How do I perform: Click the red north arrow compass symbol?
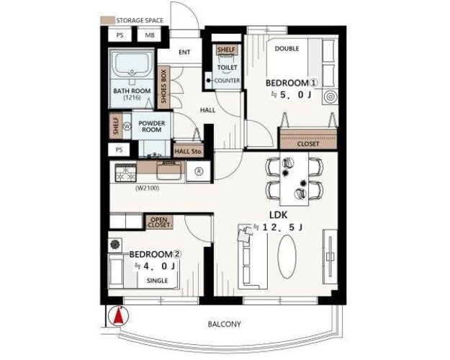119,315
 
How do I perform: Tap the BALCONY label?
224,324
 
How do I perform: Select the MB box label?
150,35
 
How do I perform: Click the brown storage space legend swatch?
107,20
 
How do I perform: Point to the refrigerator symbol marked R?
199,171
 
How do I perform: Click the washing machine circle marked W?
127,126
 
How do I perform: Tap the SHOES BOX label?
163,86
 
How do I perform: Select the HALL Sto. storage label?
188,151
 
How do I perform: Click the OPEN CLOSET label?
159,222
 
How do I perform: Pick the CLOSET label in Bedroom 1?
308,144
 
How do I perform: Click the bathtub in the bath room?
132,66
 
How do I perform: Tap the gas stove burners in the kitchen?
126,173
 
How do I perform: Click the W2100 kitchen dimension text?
147,189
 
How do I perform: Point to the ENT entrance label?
184,53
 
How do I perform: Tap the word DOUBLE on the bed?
287,48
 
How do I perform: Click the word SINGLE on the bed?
157,281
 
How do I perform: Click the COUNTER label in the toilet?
227,81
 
